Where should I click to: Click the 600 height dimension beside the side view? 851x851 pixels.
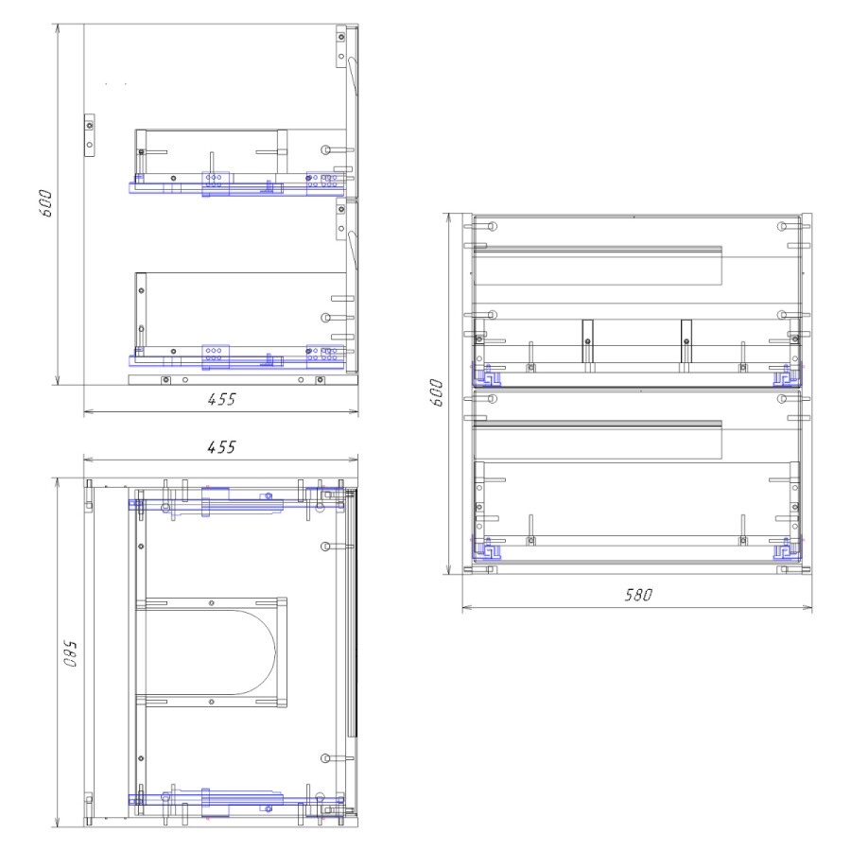(46, 203)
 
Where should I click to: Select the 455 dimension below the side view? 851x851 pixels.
(221, 399)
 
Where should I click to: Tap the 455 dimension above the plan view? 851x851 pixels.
(221, 447)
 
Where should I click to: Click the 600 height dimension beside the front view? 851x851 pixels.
(436, 392)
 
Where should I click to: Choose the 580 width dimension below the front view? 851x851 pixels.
(637, 595)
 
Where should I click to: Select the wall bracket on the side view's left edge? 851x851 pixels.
(90, 135)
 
